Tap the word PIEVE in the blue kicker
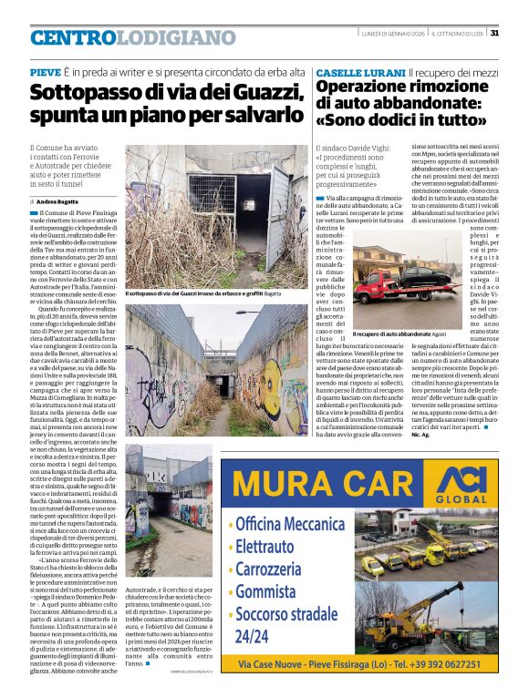[45, 71]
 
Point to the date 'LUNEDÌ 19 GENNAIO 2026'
[391, 33]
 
